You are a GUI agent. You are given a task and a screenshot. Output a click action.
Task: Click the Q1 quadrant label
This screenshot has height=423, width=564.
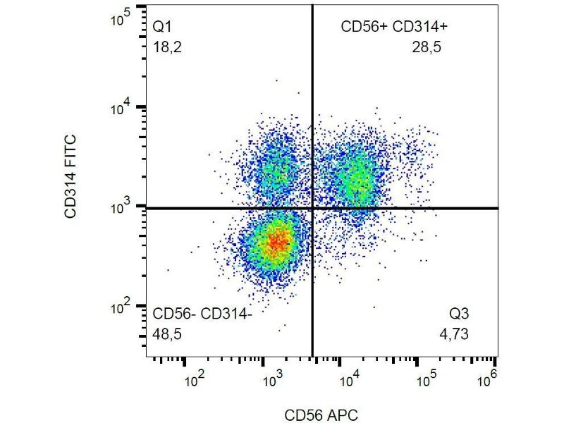tap(163, 27)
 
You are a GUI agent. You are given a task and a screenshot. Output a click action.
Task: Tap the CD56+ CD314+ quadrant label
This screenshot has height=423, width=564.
tap(394, 27)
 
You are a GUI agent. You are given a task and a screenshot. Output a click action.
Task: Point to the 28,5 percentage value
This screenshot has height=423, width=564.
tap(427, 47)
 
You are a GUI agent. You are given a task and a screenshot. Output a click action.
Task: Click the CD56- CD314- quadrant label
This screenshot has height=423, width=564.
tap(202, 314)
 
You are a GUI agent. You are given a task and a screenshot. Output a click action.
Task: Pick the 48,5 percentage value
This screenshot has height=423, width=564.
tap(167, 333)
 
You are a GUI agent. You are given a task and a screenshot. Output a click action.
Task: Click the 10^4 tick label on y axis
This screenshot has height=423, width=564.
tap(122, 108)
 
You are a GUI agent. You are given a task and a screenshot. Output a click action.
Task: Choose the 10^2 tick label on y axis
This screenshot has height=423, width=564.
tap(122, 308)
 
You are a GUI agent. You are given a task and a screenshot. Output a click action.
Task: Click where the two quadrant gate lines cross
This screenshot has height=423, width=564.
tap(312, 208)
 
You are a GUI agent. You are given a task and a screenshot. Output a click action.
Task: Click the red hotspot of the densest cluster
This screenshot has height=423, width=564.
tap(278, 242)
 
